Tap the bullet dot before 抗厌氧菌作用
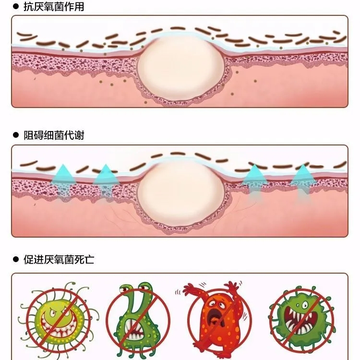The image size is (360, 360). point(15,7)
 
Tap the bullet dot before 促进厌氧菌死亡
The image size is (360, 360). point(15,260)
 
